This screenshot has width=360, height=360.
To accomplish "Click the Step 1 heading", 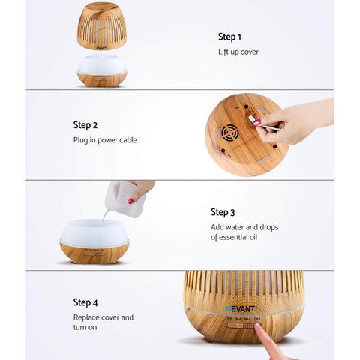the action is tap(229, 37).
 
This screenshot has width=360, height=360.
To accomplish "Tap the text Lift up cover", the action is tap(238, 52).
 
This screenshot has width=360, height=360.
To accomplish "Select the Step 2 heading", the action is tap(85, 125).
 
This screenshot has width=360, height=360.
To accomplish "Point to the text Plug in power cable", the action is tap(105, 140).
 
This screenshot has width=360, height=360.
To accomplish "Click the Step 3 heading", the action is tap(223, 212).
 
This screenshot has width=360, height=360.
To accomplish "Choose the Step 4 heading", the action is tap(85, 302).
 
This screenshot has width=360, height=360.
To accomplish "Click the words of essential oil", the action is tap(234, 237).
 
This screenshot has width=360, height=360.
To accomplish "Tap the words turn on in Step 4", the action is tap(85, 327).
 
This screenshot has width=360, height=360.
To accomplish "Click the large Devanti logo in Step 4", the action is tap(241, 309).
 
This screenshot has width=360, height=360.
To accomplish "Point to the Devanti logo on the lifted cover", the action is tap(101, 48).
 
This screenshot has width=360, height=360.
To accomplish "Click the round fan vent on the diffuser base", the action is tap(230, 133).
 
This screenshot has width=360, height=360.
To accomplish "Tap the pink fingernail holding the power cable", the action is tap(257, 122).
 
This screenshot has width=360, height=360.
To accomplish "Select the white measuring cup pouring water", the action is tap(124, 199).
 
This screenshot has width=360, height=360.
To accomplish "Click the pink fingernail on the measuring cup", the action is tap(131, 201).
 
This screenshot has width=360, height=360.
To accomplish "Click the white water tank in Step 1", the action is tap(102, 64).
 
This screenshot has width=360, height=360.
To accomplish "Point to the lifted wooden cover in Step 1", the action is tap(102, 26).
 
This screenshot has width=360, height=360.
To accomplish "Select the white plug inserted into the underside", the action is tap(250, 118).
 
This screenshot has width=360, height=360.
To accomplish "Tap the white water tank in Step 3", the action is tap(94, 232).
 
